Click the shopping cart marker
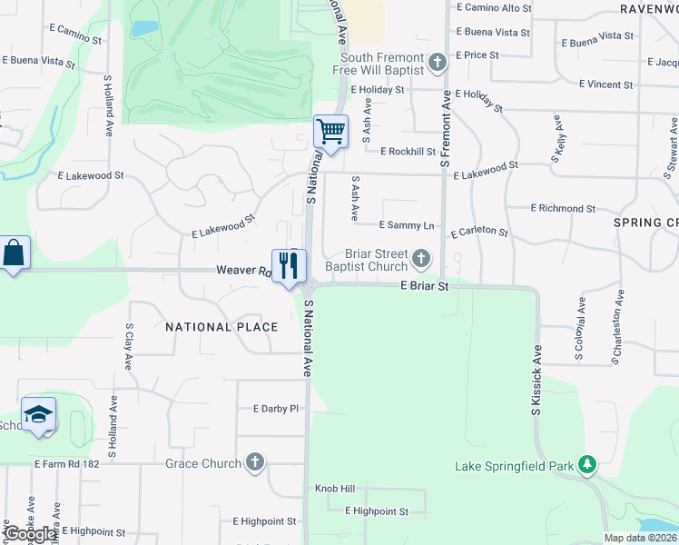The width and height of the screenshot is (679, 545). pyautogui.click(x=331, y=133)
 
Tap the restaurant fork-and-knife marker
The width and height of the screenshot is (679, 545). pyautogui.click(x=289, y=266)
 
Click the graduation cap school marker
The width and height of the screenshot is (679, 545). pyautogui.click(x=38, y=415)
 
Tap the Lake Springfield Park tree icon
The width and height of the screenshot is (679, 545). pyautogui.click(x=587, y=466)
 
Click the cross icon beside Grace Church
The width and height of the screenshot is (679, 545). pyautogui.click(x=255, y=463)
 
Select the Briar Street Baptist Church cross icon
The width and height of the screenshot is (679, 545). pyautogui.click(x=420, y=260)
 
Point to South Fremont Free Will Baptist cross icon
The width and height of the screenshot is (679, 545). pyautogui.click(x=438, y=63)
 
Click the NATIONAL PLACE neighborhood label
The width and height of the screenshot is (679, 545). pyautogui.click(x=221, y=326)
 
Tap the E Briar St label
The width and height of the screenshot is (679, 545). pyautogui.click(x=426, y=285)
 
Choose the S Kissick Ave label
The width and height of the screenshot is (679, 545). pyautogui.click(x=536, y=381)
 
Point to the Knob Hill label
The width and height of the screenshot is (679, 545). pyautogui.click(x=334, y=489)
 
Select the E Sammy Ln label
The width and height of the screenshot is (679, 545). pyautogui.click(x=407, y=224)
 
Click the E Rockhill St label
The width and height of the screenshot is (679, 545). pyautogui.click(x=410, y=152)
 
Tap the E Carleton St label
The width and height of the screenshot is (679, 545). pyautogui.click(x=478, y=232)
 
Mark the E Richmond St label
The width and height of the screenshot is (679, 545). pyautogui.click(x=563, y=208)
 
